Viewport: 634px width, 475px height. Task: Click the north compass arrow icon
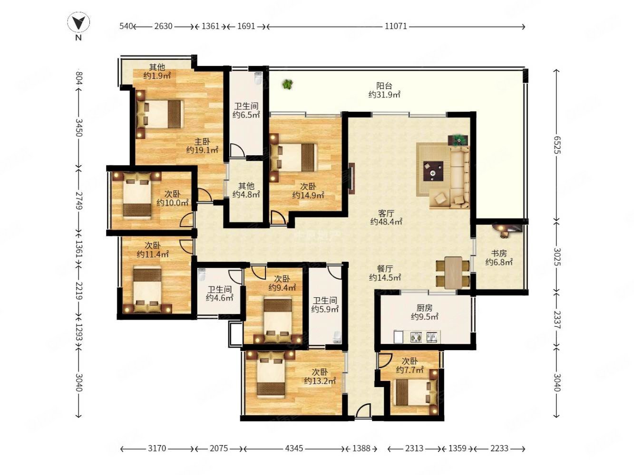(x=78, y=22)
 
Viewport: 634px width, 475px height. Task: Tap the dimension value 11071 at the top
(x=395, y=27)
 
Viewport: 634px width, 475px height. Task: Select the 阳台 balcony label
(x=384, y=85)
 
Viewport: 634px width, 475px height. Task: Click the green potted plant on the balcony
(x=287, y=84)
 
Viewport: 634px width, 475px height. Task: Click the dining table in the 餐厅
(x=452, y=272)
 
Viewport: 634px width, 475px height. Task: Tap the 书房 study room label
(x=499, y=254)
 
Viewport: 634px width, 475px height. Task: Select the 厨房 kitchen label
(x=424, y=308)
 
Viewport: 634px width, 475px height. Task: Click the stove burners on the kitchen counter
(x=416, y=337)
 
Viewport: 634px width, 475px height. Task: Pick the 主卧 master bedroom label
(x=202, y=142)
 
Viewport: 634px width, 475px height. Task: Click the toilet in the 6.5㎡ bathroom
(x=258, y=78)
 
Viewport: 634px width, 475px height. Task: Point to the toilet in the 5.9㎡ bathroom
(x=336, y=337)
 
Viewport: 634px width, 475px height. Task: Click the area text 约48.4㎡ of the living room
(x=386, y=222)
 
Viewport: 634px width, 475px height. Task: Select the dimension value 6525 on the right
(x=557, y=145)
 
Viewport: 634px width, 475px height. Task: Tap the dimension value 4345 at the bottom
(x=294, y=448)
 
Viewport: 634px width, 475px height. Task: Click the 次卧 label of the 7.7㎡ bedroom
(x=410, y=361)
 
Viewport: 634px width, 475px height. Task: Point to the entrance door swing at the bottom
(x=362, y=410)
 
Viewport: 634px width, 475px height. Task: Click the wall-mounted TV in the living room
(x=351, y=179)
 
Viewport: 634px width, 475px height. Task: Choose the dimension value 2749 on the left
(x=79, y=201)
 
